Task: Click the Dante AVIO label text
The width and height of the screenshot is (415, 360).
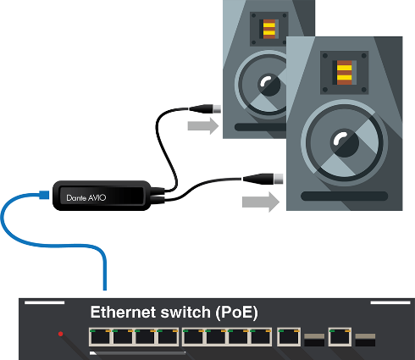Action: pos(86,197)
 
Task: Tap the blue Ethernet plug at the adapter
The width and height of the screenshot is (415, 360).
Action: pos(44,195)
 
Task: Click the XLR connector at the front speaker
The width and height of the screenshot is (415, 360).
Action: pos(263,179)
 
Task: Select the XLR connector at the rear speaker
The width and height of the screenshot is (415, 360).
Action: pos(205,108)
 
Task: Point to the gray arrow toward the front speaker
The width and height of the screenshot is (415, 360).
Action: pos(261,202)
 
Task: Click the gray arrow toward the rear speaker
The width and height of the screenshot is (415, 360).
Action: pos(203,126)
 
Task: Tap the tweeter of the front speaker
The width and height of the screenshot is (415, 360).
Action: pos(345,73)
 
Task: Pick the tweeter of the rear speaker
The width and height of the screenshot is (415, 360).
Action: pos(268,29)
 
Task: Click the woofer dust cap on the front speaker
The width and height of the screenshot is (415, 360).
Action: pos(345,143)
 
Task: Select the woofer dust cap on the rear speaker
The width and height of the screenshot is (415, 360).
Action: pos(269,85)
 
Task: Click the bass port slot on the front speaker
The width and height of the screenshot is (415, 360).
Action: pos(345,196)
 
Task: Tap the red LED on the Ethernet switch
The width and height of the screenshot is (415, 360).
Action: pos(60,334)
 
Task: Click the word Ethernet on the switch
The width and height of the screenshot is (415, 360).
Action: pos(123,313)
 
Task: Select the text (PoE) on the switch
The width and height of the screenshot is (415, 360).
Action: pos(236,313)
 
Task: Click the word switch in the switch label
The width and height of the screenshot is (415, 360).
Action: pos(185,313)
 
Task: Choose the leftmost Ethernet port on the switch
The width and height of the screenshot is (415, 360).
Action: pos(100,337)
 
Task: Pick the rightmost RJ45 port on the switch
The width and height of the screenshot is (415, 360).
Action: pos(340,337)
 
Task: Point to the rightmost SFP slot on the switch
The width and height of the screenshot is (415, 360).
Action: pos(365,340)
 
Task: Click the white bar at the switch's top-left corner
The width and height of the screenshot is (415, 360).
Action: pos(45,302)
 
